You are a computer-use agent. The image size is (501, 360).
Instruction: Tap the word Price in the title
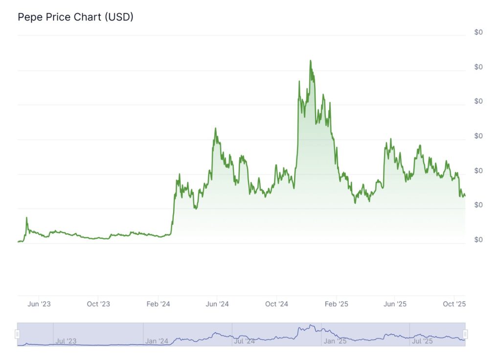(x=58, y=17)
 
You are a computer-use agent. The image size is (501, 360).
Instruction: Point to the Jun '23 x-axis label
(x=39, y=304)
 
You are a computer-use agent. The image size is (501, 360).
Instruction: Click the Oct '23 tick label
(x=98, y=304)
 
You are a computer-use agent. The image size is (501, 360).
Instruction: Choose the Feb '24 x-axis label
(x=158, y=304)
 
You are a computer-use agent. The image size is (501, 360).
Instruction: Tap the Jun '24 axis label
(x=217, y=304)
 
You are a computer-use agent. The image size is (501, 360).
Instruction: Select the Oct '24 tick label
(x=277, y=304)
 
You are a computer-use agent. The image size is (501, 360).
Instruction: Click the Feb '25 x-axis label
(x=337, y=304)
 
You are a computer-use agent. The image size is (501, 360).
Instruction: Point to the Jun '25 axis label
(x=395, y=304)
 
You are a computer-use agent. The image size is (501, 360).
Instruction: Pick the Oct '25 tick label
(x=455, y=304)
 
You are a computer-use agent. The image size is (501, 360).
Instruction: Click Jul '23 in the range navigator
(x=66, y=341)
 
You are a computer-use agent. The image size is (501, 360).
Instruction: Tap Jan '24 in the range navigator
(x=157, y=341)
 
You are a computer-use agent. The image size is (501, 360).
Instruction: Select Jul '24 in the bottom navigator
(x=245, y=341)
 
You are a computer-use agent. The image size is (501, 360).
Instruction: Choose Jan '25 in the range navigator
(x=336, y=341)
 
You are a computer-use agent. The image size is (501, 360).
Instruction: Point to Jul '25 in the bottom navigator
(x=422, y=341)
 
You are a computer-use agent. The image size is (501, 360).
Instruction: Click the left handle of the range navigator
(x=18, y=334)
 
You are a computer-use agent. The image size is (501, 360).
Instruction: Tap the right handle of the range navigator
(x=465, y=334)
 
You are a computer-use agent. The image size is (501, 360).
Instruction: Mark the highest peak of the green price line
(x=310, y=61)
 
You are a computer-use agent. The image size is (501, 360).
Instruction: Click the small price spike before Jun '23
(x=26, y=218)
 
